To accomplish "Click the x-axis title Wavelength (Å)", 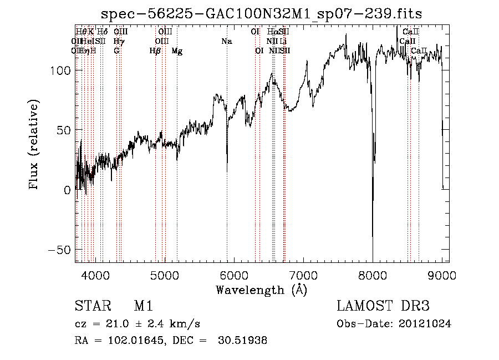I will (x=261, y=290).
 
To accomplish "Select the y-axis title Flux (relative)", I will (x=34, y=145).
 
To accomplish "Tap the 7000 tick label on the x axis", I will (x=303, y=275).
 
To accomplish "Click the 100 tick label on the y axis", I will (x=60, y=70).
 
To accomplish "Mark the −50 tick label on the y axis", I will (x=58, y=250).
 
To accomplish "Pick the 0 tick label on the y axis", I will (x=67, y=190).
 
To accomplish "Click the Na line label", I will (x=226, y=42).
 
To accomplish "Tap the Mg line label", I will (x=177, y=51).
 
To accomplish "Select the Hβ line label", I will (x=155, y=51).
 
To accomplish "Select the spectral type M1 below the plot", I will (x=142, y=306).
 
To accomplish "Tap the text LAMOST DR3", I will (x=383, y=306).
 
